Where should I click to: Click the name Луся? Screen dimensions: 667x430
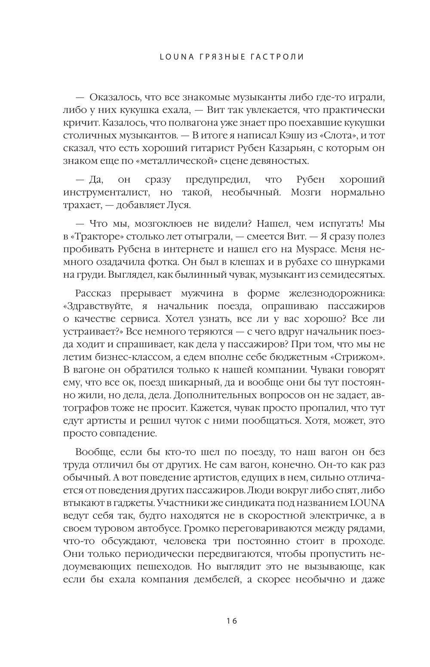177,205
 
